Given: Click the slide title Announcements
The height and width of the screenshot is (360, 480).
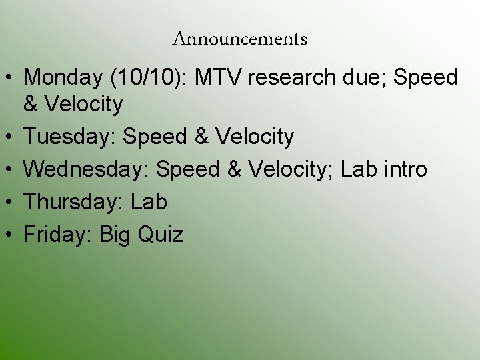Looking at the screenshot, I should [240, 39].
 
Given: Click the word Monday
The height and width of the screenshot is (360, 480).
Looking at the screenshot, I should [62, 78].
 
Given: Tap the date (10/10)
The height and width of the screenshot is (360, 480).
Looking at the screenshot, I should [144, 78].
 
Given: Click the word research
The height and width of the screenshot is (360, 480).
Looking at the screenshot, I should [293, 78].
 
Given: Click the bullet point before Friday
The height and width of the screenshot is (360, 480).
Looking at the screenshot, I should [9, 235].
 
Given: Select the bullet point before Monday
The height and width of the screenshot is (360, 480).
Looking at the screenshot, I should [9, 79].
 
